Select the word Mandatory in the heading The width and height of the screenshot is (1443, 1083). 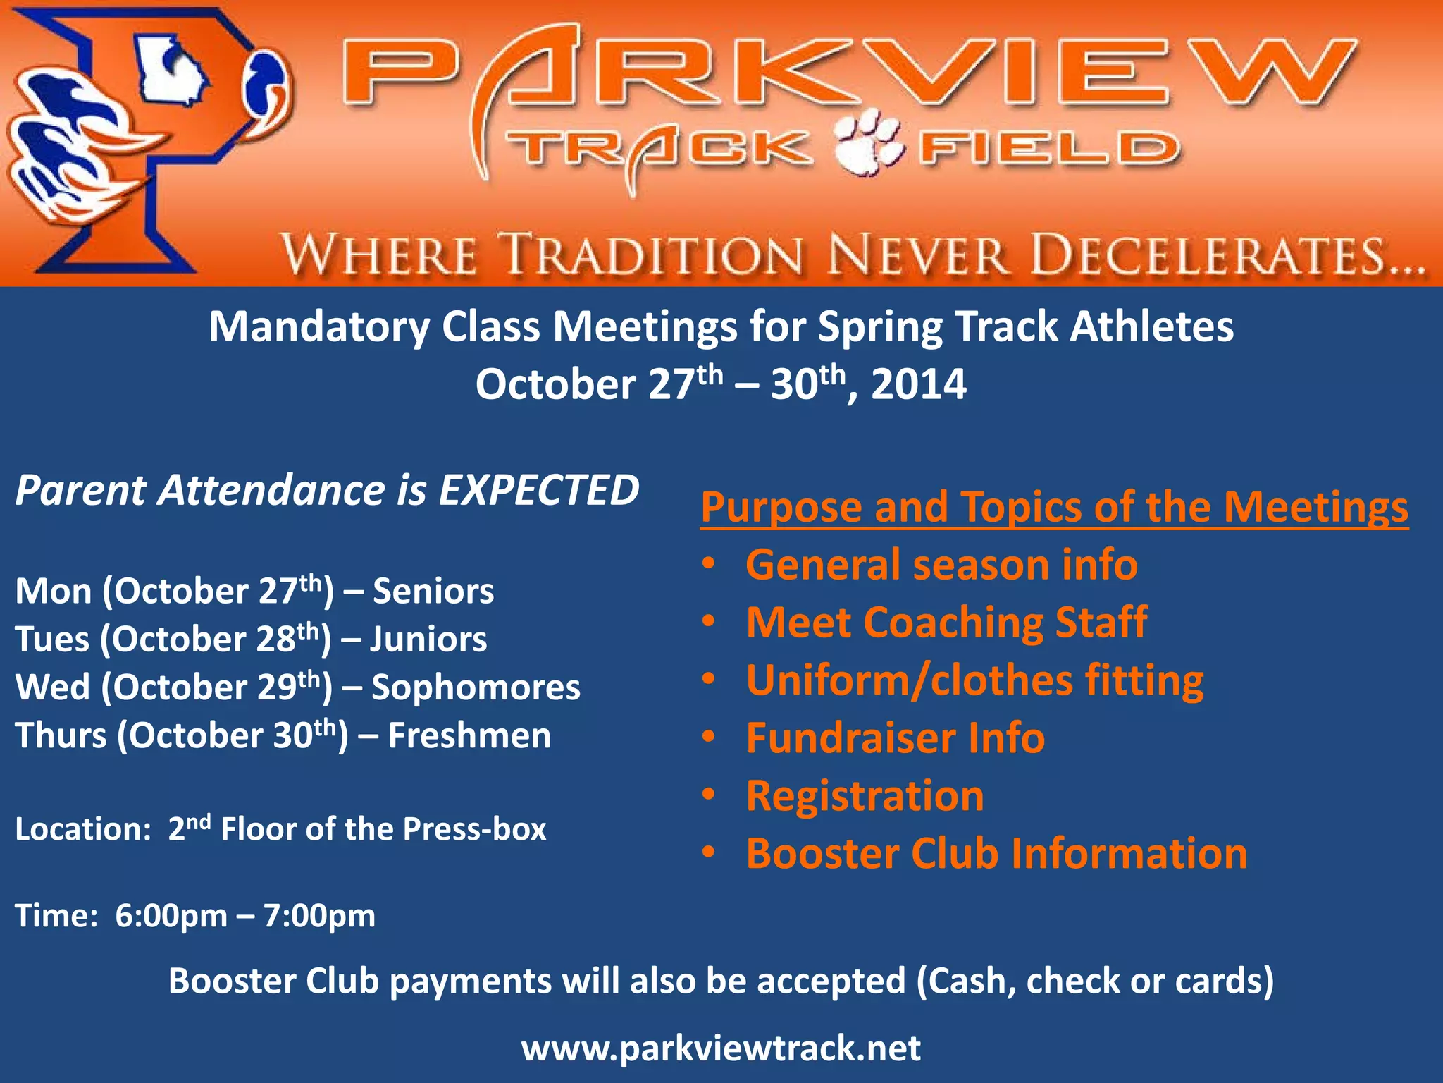click(318, 327)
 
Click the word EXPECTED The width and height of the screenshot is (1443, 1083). click(539, 490)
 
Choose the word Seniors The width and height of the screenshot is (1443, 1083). click(433, 591)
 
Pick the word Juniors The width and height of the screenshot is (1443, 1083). click(428, 640)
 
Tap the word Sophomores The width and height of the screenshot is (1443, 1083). click(476, 687)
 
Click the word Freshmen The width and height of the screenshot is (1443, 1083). click(469, 735)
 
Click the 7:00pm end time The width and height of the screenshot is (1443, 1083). click(319, 916)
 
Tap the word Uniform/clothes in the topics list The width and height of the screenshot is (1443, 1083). click(909, 680)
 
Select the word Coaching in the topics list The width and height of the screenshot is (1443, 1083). click(953, 623)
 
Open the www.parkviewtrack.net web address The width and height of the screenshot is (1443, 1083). click(721, 1048)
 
